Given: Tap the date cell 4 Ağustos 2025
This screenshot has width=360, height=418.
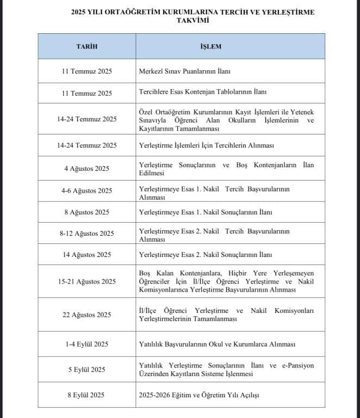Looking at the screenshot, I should coord(86,169).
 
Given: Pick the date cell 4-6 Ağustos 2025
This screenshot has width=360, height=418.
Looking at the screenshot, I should coord(86,190).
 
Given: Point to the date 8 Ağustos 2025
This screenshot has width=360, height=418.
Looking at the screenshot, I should coord(86,212).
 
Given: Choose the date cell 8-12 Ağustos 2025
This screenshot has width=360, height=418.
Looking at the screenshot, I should coord(86,233).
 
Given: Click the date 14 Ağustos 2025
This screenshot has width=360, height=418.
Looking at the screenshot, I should coord(86,254).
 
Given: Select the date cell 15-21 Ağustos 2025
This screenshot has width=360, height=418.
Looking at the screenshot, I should coord(86,281).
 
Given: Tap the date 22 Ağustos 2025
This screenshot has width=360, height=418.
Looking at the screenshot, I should coord(86,315).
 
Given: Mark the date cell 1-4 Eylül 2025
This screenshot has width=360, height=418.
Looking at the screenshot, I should coord(86,344).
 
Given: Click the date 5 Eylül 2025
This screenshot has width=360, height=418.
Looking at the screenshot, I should coord(86,370).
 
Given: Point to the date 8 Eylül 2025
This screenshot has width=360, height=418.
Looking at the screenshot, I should coord(86,395).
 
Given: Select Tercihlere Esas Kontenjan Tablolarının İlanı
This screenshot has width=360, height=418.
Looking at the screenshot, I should coord(203,93).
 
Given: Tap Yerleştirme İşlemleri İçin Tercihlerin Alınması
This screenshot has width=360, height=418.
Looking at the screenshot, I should coord(207,145).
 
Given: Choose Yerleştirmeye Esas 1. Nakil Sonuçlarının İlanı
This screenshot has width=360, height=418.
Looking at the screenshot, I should coord(206,212).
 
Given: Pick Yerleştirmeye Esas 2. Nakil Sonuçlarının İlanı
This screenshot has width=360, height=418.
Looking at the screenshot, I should coord(206,254).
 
